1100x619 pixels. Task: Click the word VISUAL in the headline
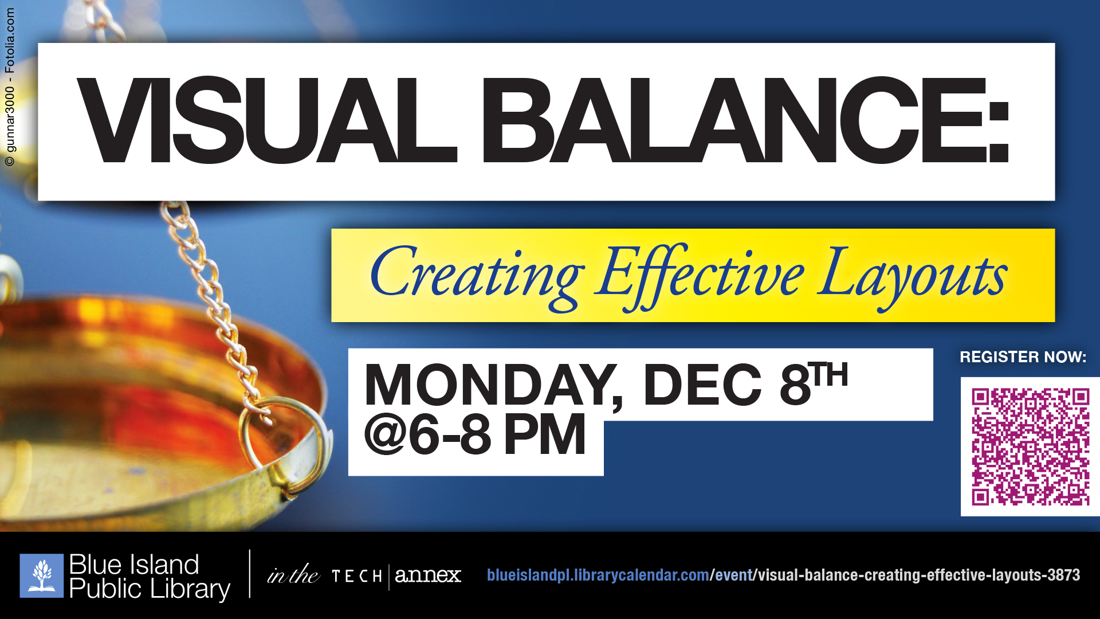pyautogui.click(x=267, y=120)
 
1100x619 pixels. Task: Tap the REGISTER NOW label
pyautogui.click(x=1023, y=357)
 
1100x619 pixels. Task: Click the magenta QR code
pyautogui.click(x=1030, y=446)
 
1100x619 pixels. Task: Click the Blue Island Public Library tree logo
pyautogui.click(x=42, y=575)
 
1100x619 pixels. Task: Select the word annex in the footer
pyautogui.click(x=428, y=575)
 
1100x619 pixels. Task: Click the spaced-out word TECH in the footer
pyautogui.click(x=357, y=576)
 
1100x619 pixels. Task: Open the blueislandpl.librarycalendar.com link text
pyautogui.click(x=598, y=575)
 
